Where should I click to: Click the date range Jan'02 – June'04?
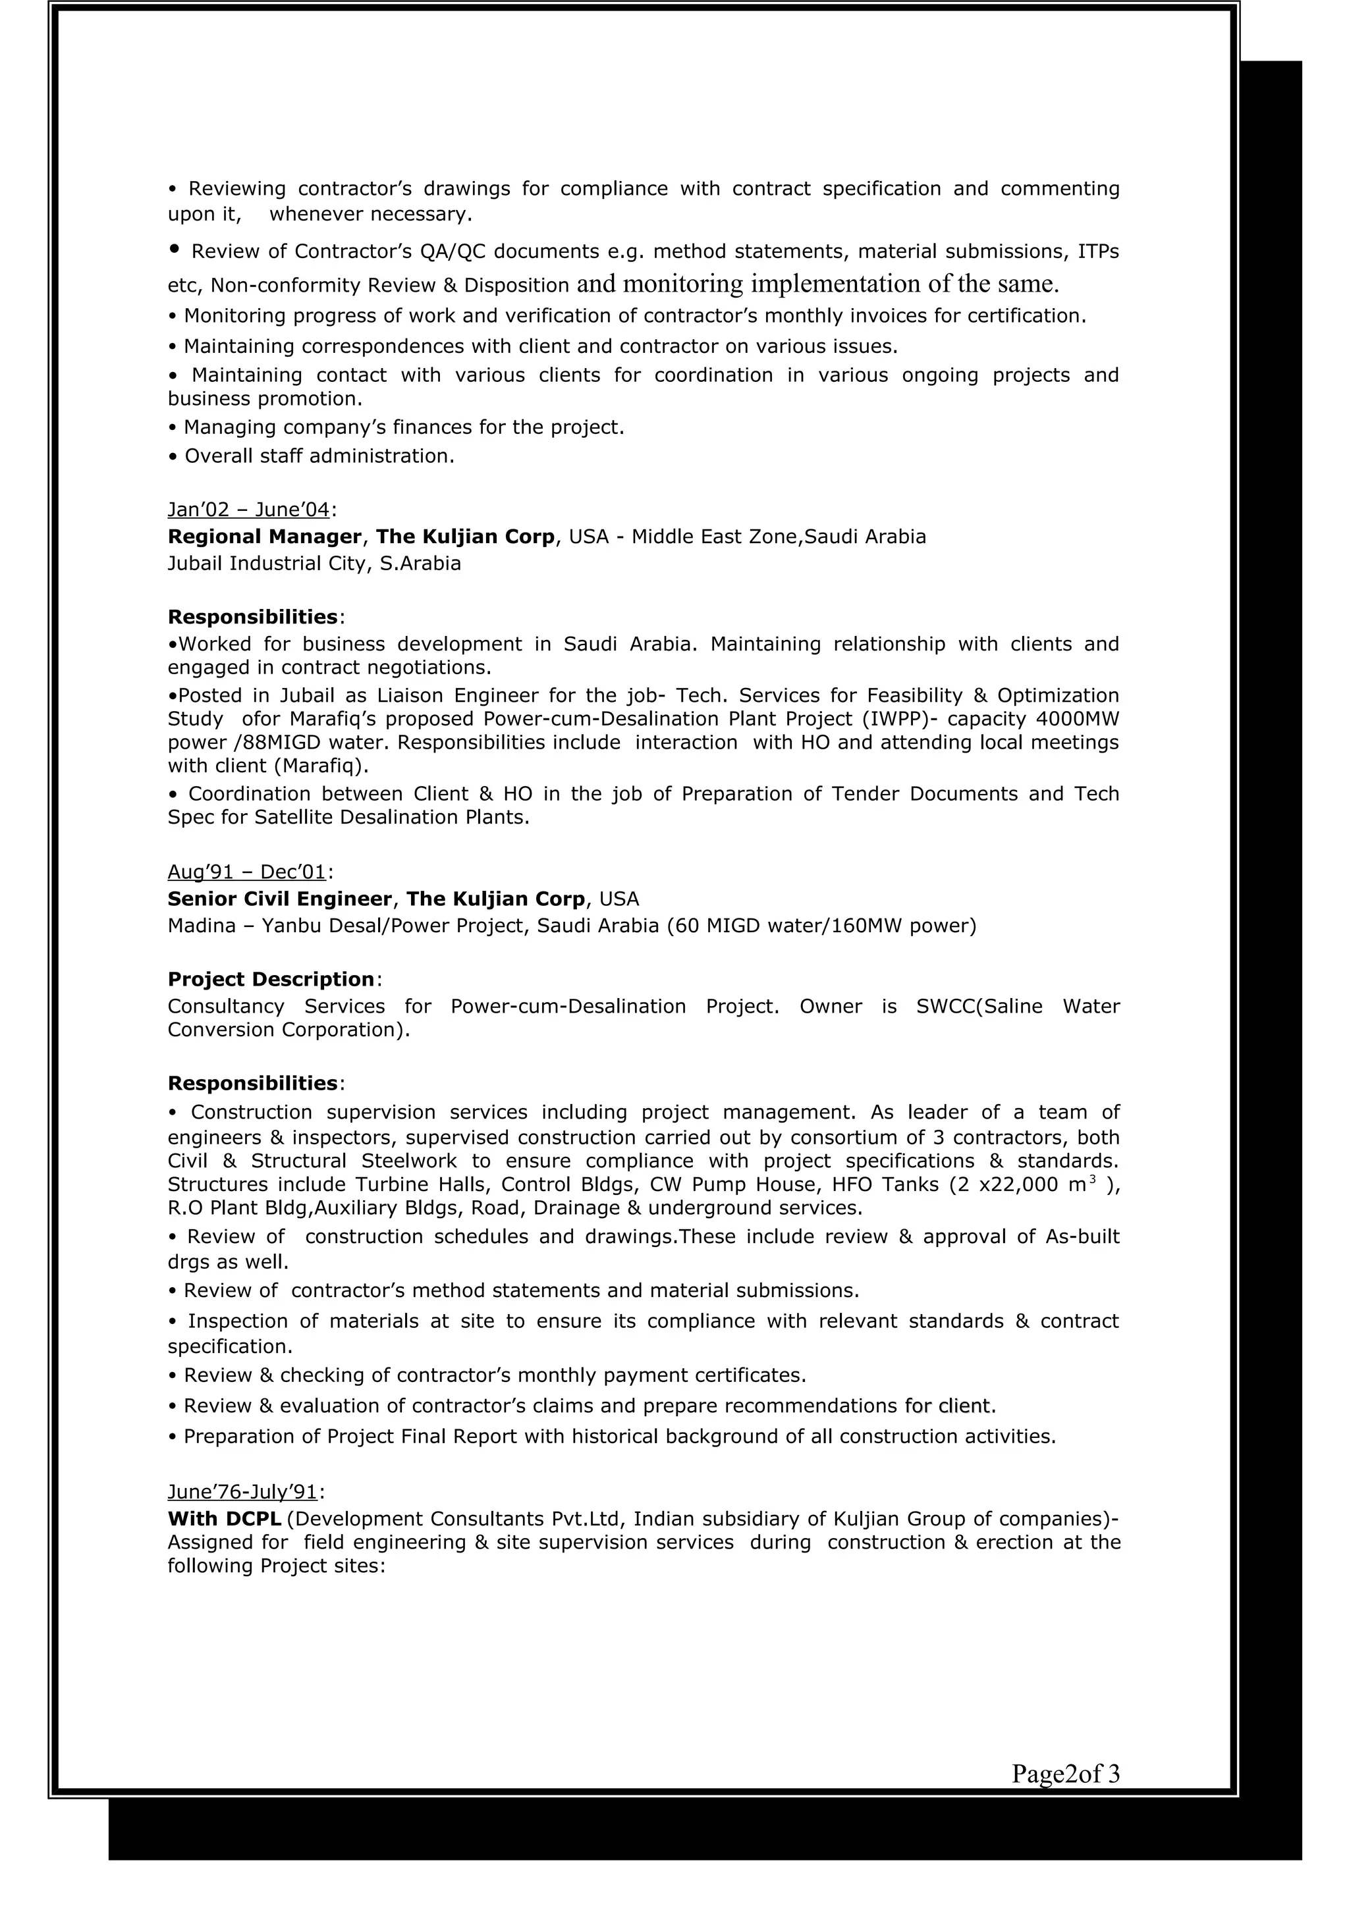tap(248, 510)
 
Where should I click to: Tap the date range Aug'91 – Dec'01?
tap(247, 872)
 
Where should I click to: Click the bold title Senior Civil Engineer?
tap(279, 899)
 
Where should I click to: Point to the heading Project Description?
tap(271, 980)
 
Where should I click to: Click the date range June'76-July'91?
tap(242, 1492)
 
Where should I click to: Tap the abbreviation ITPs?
tap(1098, 251)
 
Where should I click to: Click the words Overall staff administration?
tap(319, 456)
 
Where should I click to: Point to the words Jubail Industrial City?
tap(266, 564)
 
